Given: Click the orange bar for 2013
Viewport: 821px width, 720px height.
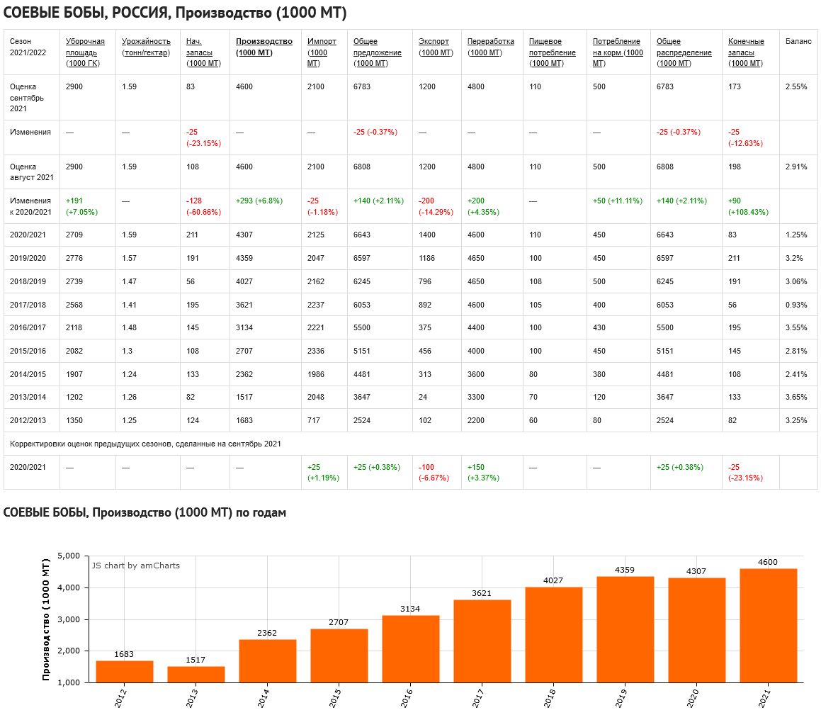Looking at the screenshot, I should (196, 674).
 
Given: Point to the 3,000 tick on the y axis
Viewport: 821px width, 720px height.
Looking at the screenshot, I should (71, 619).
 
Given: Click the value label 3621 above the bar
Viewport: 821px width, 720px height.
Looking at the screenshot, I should (482, 593).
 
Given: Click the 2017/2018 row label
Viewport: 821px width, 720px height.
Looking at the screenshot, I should (28, 305).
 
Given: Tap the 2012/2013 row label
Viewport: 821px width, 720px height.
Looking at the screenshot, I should (28, 420).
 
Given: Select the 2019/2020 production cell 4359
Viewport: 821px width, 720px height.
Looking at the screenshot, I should (246, 259).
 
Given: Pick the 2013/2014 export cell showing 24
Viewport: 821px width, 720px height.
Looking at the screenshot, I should (423, 397).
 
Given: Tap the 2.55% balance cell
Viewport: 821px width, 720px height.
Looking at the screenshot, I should (796, 87).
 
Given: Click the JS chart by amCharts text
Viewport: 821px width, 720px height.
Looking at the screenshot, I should (136, 566).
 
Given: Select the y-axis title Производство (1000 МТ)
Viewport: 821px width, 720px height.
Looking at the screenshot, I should (47, 619).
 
